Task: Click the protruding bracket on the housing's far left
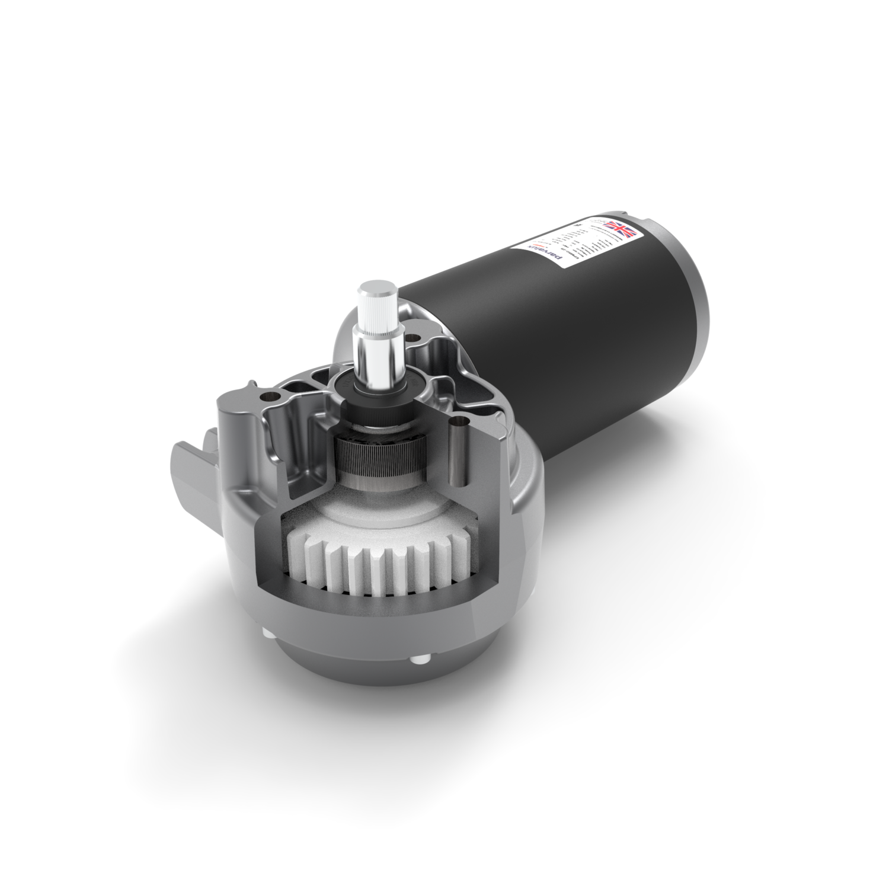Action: point(190,468)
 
